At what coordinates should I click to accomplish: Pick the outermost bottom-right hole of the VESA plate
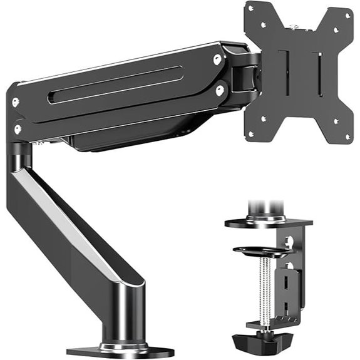coord(346,136)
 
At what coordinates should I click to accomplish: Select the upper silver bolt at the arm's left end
coord(15,103)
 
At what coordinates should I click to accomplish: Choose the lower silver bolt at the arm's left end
coord(18,129)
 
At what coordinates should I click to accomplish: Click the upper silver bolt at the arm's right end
coord(217,59)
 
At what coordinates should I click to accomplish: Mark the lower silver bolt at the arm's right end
coord(220,90)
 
